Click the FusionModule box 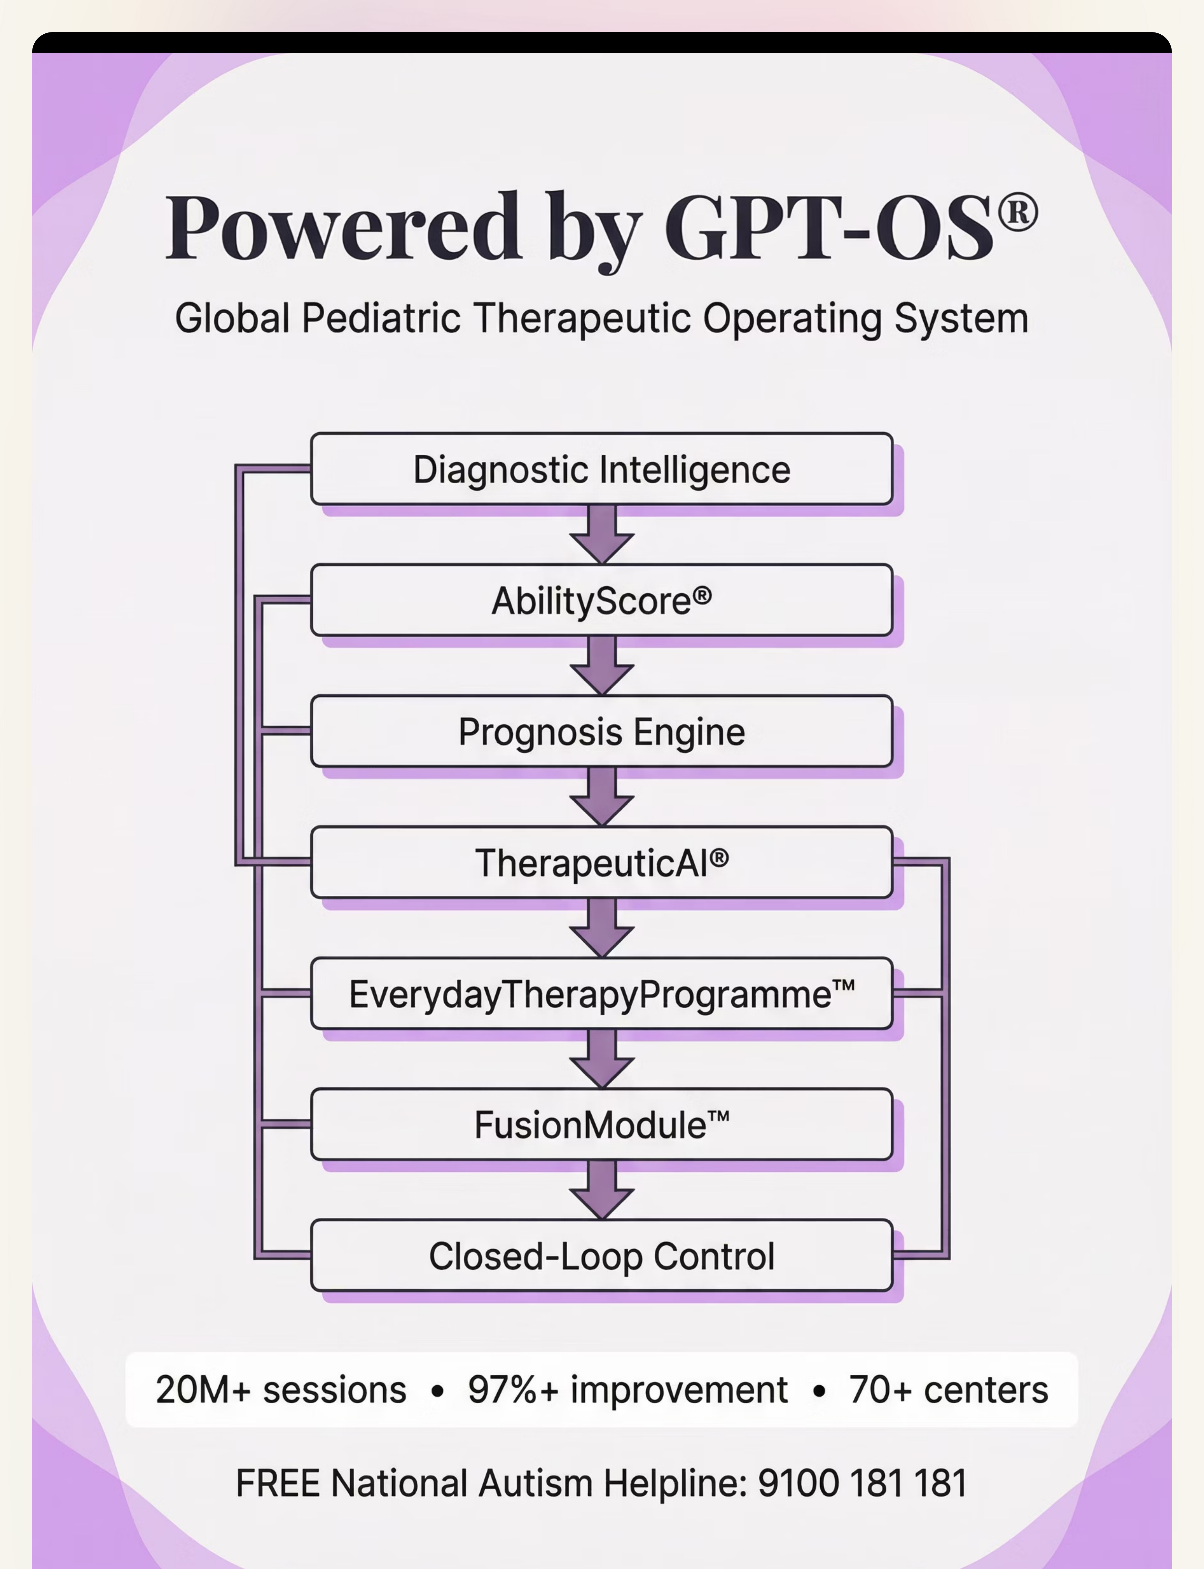[601, 1124]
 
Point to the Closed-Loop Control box [601, 1255]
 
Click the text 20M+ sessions [281, 1390]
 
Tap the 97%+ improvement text [628, 1390]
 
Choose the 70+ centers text [948, 1390]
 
